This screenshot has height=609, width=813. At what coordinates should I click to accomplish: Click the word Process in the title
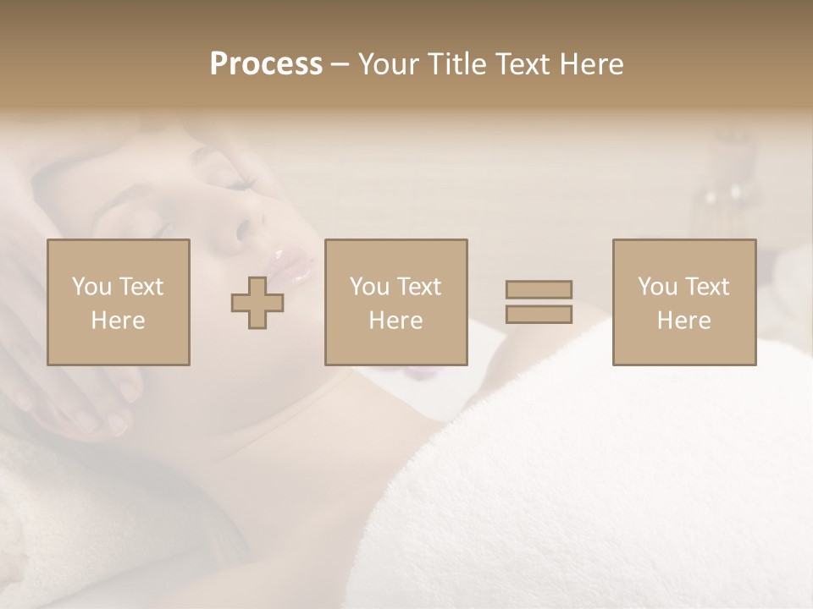point(266,63)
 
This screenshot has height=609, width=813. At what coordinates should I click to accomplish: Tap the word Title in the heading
point(457,63)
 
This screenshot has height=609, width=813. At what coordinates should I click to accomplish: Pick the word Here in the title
point(592,63)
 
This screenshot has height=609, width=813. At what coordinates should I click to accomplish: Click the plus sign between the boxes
point(257,303)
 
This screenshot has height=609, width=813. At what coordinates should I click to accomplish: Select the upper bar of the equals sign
point(539,289)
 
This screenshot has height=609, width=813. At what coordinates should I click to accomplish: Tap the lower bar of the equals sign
point(539,315)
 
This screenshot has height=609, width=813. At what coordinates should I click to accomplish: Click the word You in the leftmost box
point(91,287)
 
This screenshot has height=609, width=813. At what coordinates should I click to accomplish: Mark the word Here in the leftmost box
point(118,321)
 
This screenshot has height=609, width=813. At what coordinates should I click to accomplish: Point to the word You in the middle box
point(369,287)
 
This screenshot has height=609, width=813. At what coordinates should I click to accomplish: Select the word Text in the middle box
point(418,287)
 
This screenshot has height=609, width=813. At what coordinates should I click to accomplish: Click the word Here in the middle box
point(395,321)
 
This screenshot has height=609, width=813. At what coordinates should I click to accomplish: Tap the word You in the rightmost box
point(657,287)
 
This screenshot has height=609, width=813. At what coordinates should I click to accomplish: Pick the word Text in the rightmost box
point(706,287)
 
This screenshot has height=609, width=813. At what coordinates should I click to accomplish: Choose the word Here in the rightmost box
point(683,321)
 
